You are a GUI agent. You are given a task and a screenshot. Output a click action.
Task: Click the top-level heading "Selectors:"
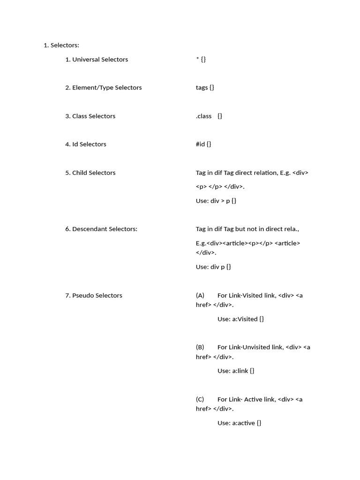65,45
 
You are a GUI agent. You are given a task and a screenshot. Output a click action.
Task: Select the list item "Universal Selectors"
100,60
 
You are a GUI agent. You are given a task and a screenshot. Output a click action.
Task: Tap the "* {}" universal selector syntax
201,60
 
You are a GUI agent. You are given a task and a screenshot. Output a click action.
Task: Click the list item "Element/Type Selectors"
107,88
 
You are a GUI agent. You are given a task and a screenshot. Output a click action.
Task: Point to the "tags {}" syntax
205,88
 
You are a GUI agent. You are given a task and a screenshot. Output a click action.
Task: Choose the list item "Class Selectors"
94,116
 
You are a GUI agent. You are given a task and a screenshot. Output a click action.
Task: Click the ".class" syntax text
204,116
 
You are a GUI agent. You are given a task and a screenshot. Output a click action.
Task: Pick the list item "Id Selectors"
89,144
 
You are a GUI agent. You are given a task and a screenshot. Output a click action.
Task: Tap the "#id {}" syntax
203,144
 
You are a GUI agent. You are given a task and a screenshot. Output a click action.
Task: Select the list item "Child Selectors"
94,173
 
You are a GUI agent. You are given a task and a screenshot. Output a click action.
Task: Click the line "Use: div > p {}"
216,201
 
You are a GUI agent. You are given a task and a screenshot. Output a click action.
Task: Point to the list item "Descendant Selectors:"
105,229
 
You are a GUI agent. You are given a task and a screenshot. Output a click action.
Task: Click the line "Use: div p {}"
213,267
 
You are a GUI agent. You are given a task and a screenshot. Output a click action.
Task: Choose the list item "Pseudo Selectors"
97,296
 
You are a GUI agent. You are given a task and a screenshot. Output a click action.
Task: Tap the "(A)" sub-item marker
200,296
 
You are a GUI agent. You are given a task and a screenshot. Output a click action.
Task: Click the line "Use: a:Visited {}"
240,319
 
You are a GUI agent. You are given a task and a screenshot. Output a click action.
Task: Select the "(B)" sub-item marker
200,347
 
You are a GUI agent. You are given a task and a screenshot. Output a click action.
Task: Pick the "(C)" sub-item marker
200,399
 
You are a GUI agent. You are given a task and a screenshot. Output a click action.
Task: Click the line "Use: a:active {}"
239,423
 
